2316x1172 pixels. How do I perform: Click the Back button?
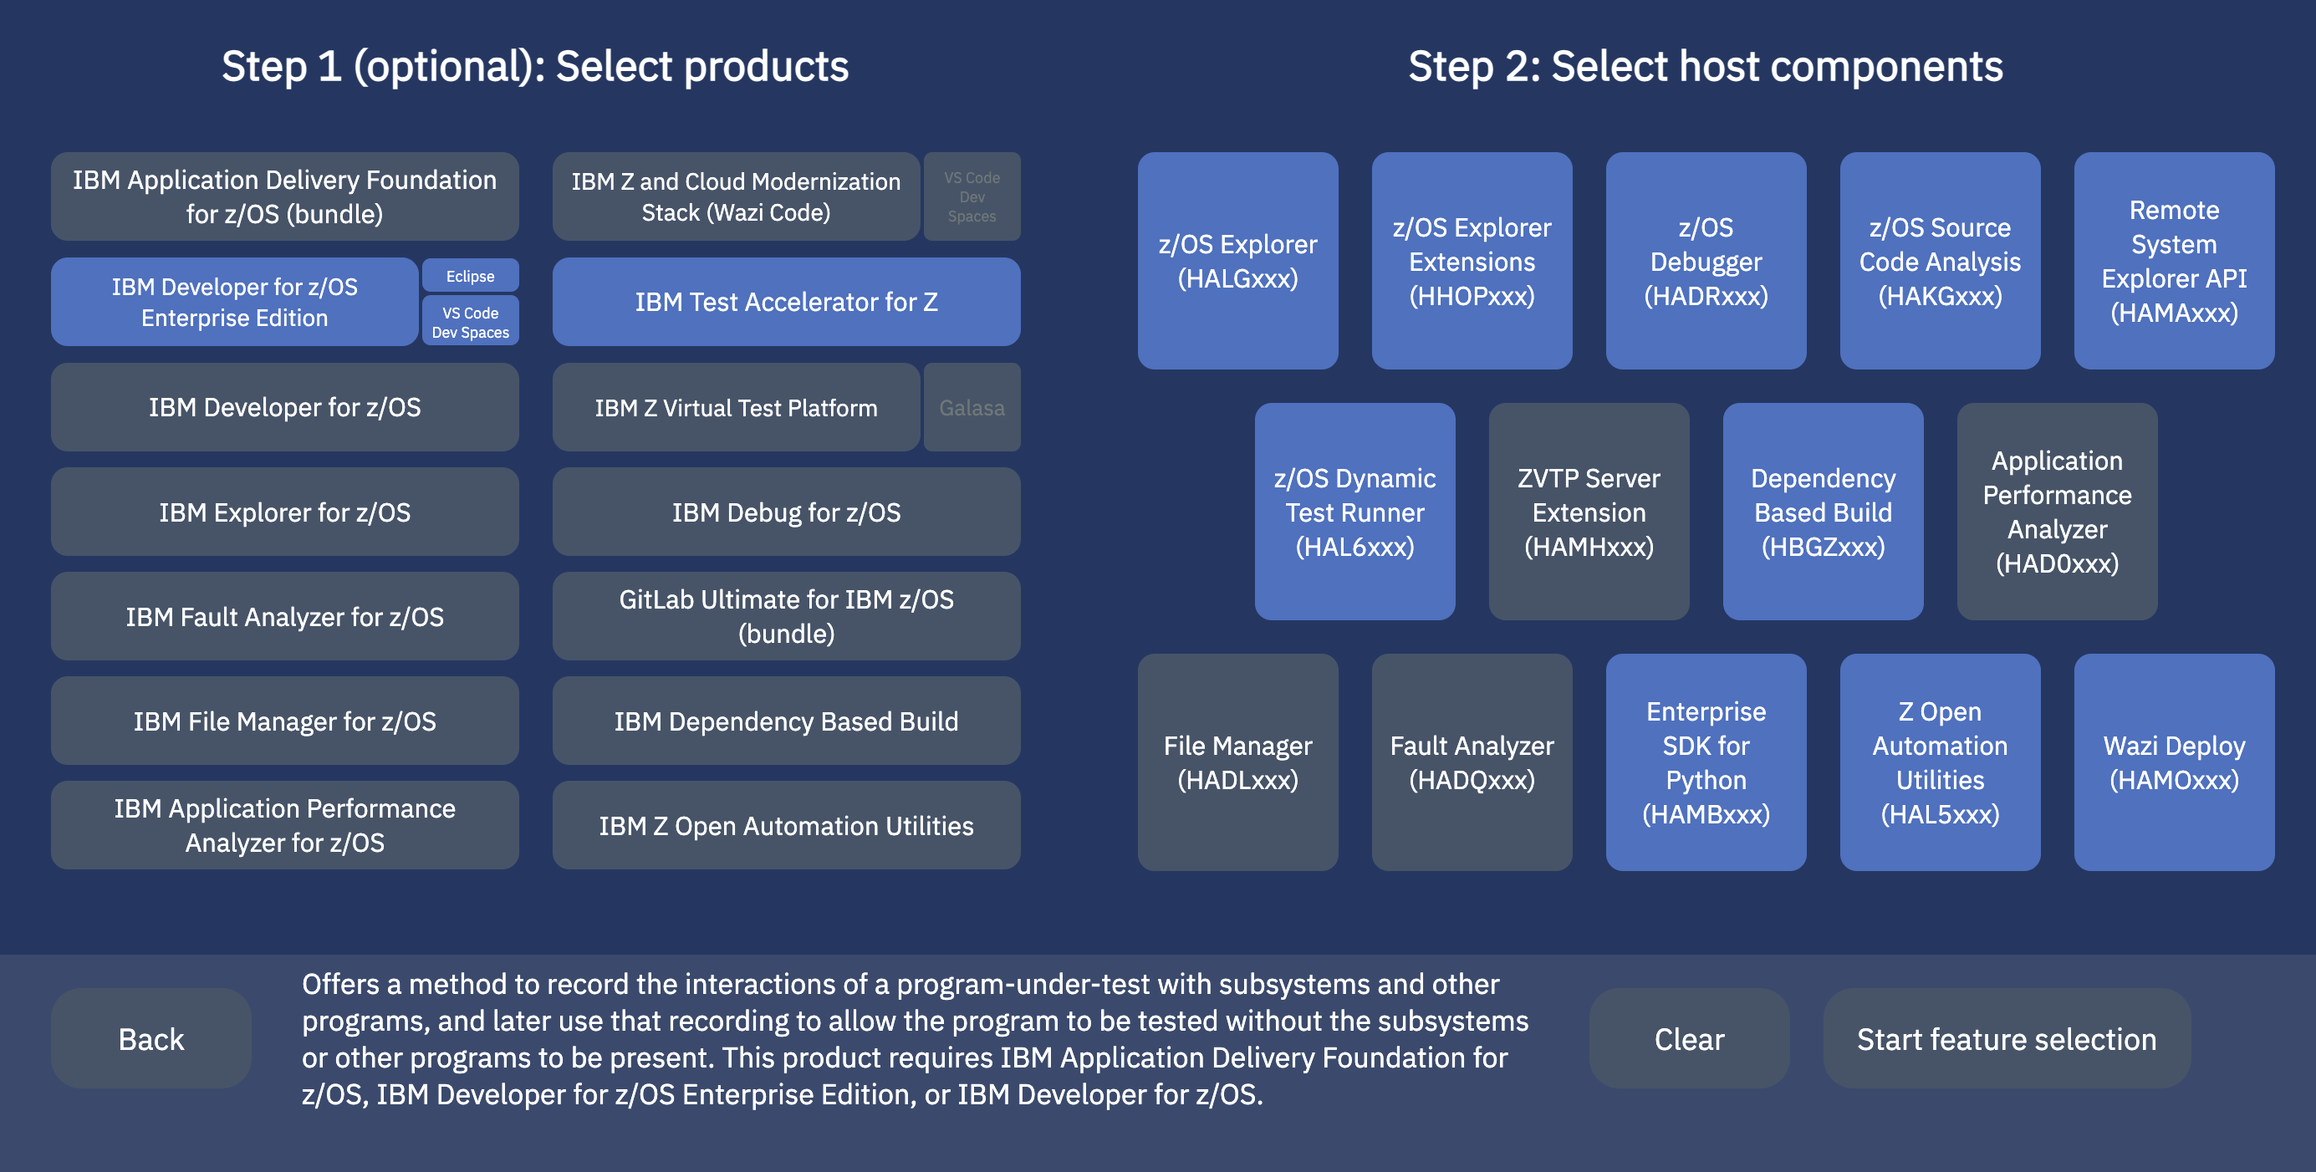click(151, 1038)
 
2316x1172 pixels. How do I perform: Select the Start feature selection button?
click(2007, 1038)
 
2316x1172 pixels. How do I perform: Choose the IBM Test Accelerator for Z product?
click(786, 302)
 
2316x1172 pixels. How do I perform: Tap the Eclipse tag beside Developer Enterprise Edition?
click(470, 276)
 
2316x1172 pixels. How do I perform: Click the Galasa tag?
click(972, 407)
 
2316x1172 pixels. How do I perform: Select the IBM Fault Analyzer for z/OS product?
click(285, 617)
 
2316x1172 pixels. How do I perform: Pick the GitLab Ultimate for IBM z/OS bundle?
click(786, 617)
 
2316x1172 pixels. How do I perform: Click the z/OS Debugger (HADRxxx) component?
click(1706, 261)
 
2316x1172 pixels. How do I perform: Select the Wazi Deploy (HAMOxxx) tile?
click(2174, 762)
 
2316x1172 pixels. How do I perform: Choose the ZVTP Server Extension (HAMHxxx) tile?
click(1589, 512)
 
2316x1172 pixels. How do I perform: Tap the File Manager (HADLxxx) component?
click(1238, 762)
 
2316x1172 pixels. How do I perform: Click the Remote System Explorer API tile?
click(2174, 261)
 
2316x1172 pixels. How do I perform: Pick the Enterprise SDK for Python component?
click(1706, 762)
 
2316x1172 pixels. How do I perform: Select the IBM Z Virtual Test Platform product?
click(737, 407)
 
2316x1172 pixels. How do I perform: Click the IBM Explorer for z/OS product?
click(285, 512)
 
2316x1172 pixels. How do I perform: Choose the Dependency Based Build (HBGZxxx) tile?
click(1824, 512)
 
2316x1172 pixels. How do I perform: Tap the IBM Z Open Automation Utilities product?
click(786, 825)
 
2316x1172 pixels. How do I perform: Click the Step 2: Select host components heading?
click(1706, 67)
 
